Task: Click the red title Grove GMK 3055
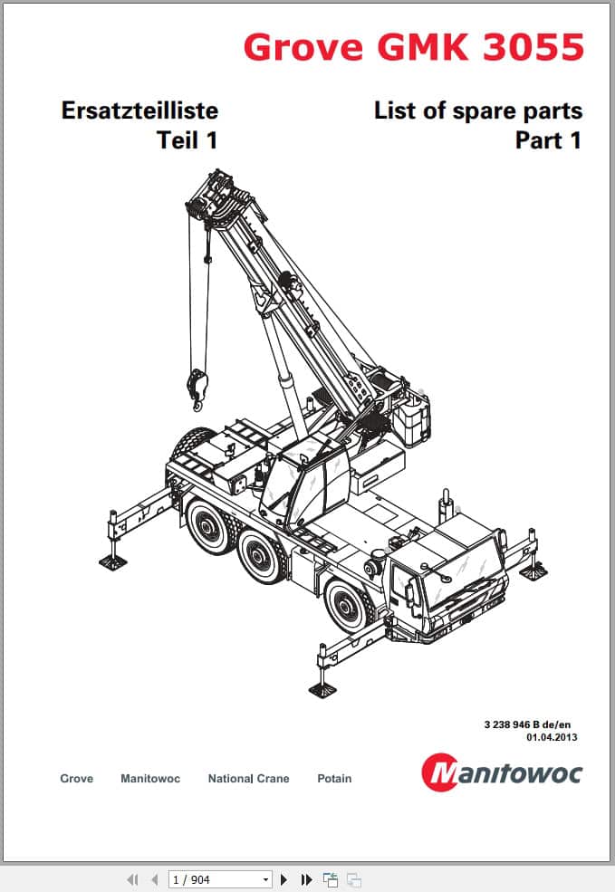coord(414,47)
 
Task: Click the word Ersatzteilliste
coord(139,110)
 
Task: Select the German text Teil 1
coord(187,140)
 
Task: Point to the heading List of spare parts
coord(478,110)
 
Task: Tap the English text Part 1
coord(549,140)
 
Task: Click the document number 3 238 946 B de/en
coord(527,724)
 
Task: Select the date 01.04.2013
coord(552,737)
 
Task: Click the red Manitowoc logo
coord(502,772)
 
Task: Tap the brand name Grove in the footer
coord(77,778)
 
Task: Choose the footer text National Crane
coord(248,778)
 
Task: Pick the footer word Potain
coord(334,778)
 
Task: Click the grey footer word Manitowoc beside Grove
coord(150,778)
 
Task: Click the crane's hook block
coord(197,388)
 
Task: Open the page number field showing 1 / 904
coord(219,879)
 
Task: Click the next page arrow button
coord(283,879)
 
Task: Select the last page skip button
coord(306,879)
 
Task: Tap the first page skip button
coord(132,879)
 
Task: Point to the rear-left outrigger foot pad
coord(112,562)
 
